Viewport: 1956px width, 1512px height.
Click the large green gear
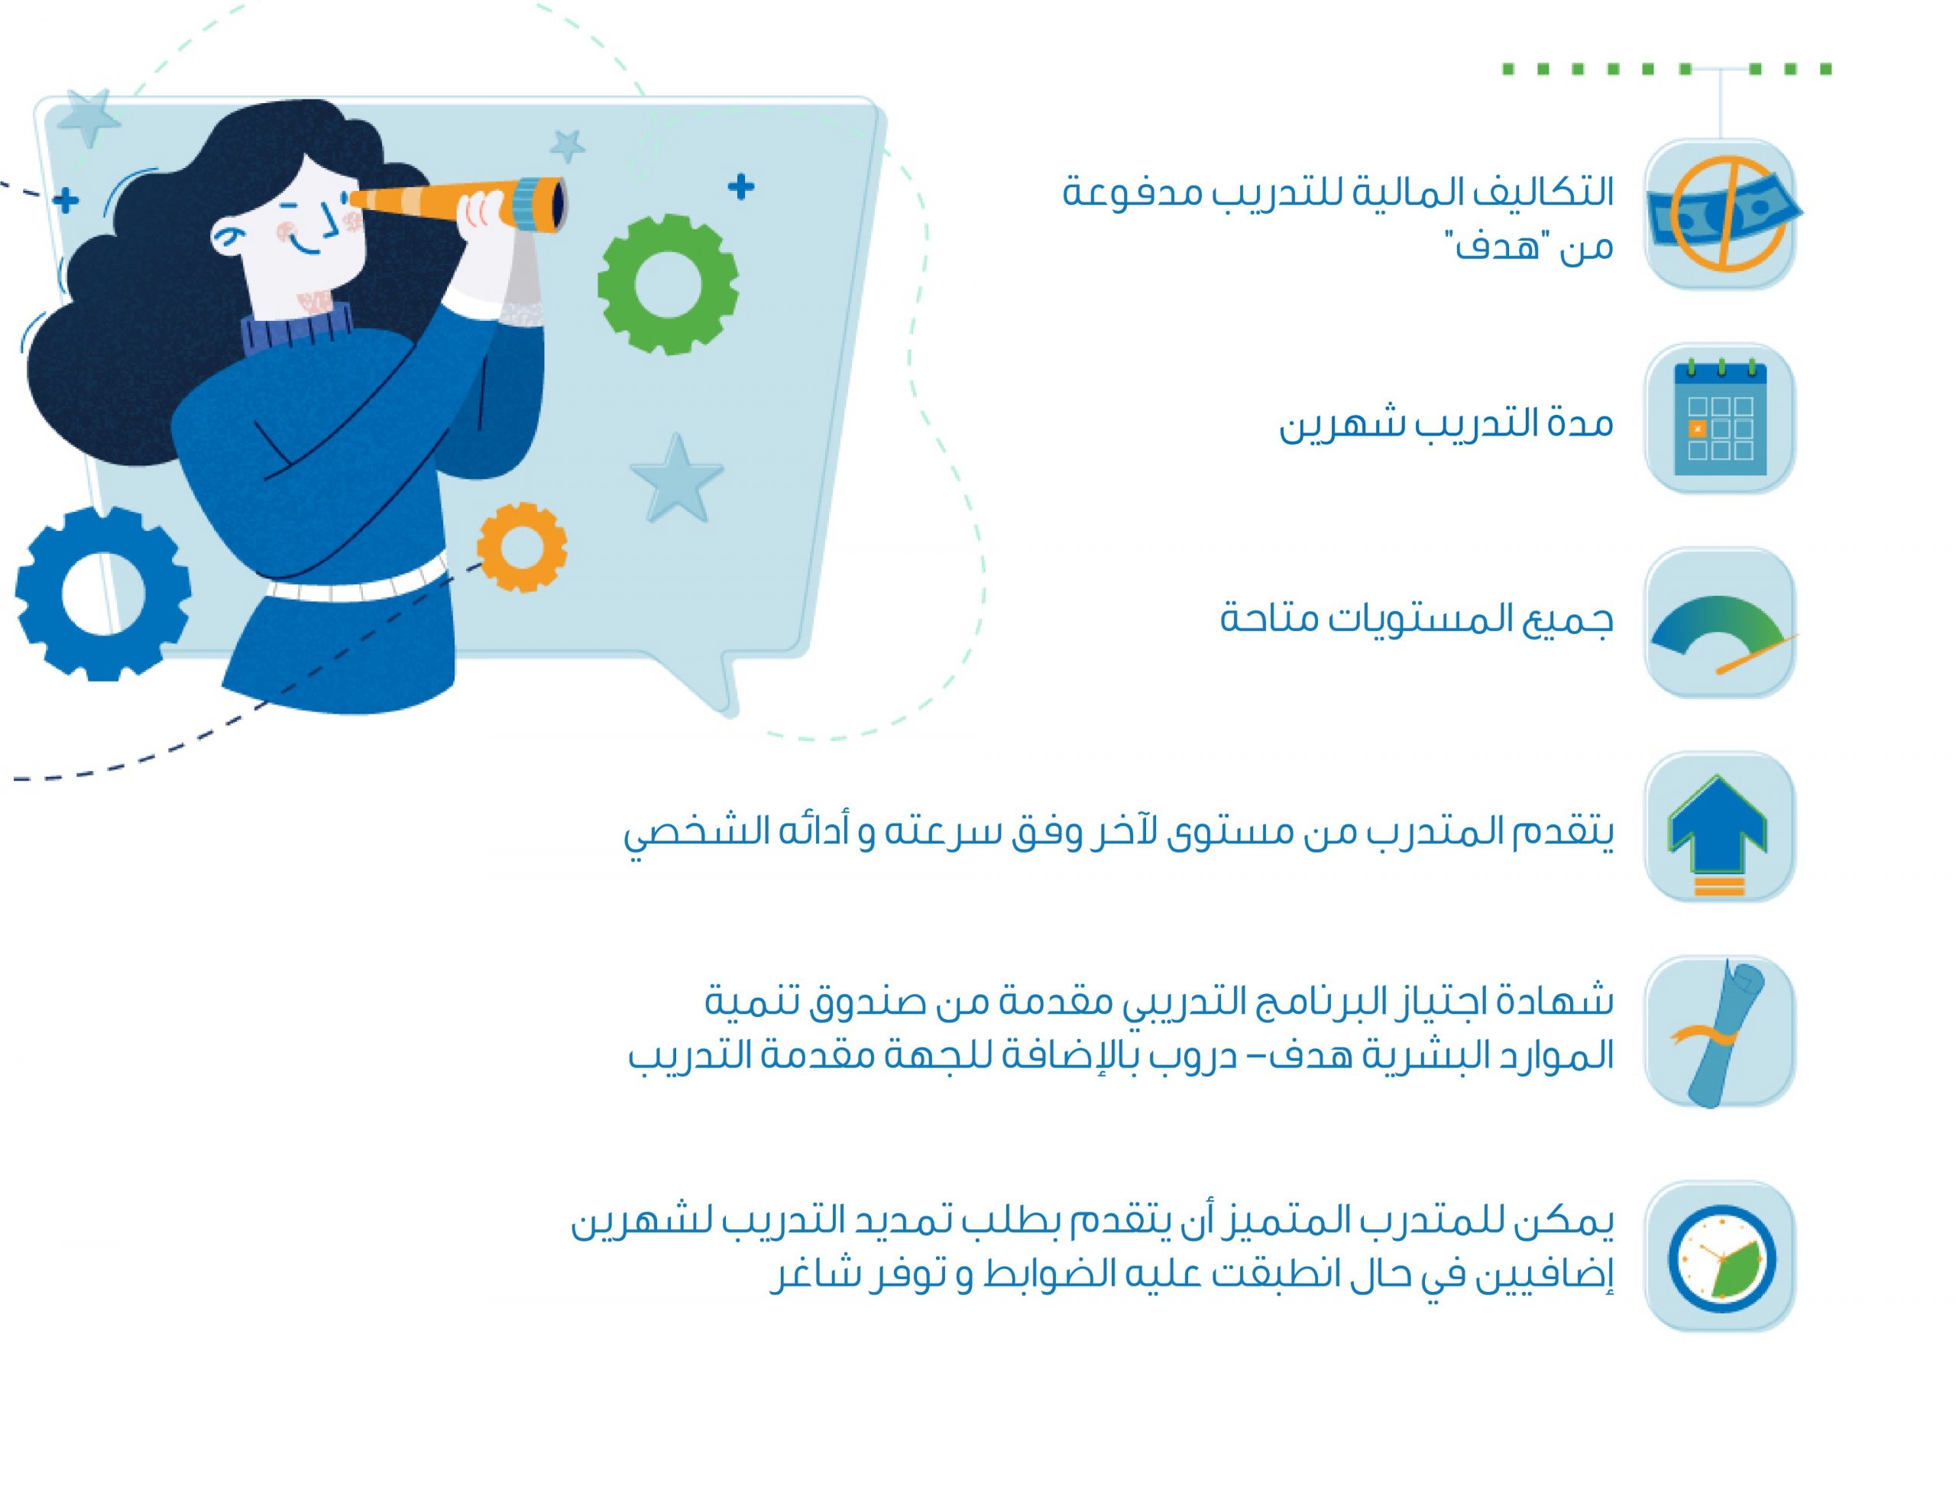(667, 284)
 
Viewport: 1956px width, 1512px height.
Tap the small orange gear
(521, 546)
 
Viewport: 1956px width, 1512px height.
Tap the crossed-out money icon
(1720, 214)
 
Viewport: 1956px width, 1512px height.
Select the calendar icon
(1720, 419)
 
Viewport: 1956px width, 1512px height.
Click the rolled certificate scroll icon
(1720, 1033)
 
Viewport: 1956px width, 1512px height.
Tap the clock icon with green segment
(1720, 1258)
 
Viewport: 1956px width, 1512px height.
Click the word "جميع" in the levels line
(1569, 620)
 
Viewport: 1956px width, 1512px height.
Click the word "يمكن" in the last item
(1569, 1223)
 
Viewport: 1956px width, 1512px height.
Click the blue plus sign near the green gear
(740, 187)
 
